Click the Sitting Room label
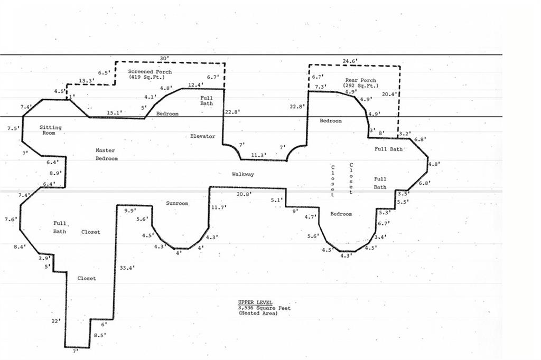pos(50,130)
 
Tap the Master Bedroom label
pos(106,155)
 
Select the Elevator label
pos(202,136)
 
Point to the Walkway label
pos(243,174)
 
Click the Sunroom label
pos(177,203)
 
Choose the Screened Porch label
pos(150,72)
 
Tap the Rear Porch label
pos(360,80)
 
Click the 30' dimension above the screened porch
pos(164,58)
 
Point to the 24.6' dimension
pos(350,61)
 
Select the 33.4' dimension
pos(127,268)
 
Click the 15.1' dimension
pos(114,112)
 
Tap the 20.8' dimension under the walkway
pos(244,194)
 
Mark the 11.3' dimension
pos(258,155)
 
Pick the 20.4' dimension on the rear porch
pos(389,94)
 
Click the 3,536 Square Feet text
pos(264,308)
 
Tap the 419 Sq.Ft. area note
pos(147,77)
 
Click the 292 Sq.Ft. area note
pos(361,85)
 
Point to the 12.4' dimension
pos(195,84)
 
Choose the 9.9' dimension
pos(130,210)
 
